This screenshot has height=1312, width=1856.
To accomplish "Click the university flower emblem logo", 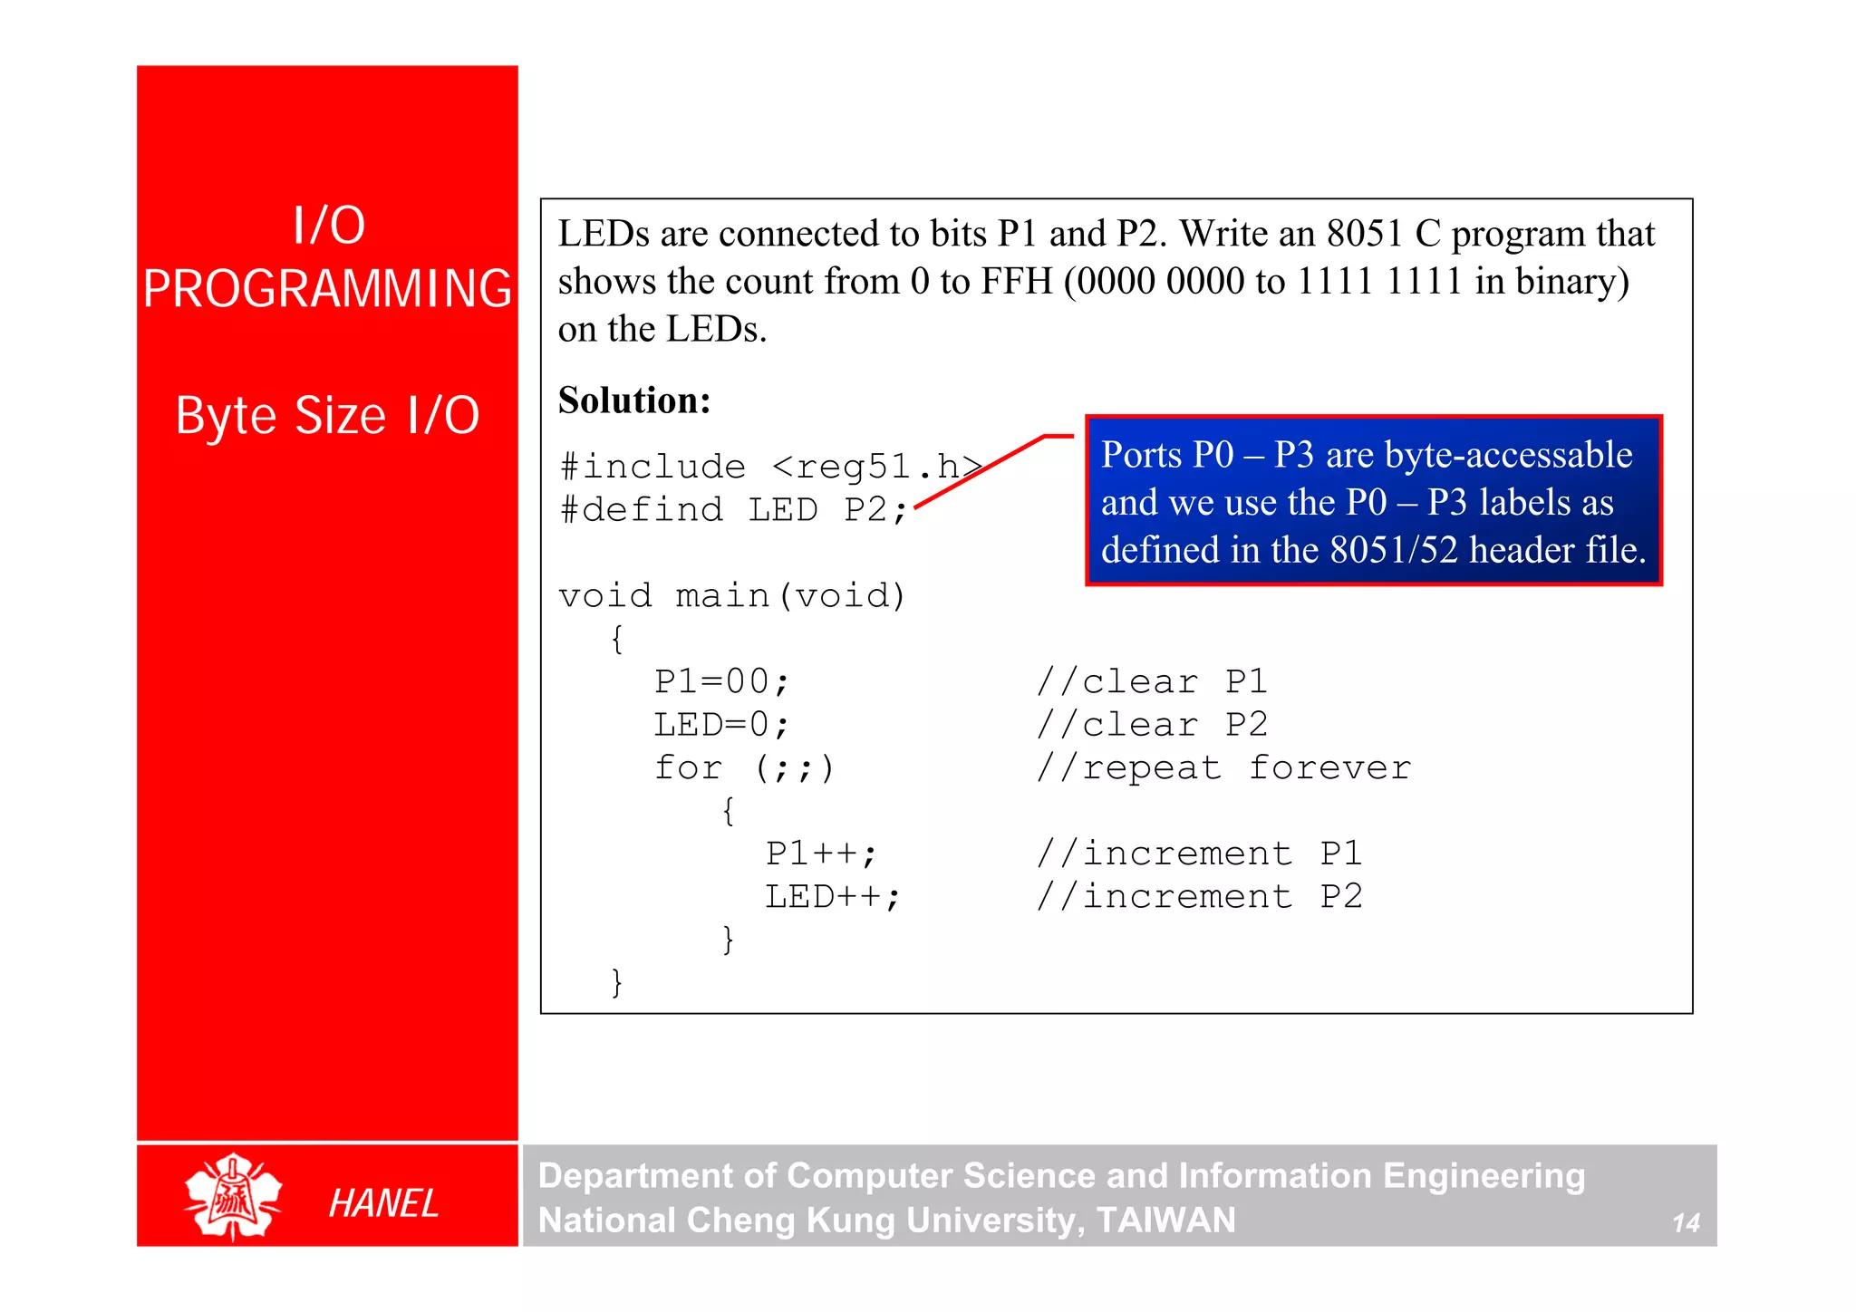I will tap(233, 1197).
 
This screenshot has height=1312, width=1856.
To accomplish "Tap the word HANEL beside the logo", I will tap(383, 1203).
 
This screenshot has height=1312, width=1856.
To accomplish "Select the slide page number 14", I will tap(1686, 1223).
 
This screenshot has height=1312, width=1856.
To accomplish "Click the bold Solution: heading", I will tap(634, 400).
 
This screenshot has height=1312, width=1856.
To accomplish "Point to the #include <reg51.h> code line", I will tap(770, 467).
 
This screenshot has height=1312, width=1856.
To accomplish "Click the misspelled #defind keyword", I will tap(642, 509).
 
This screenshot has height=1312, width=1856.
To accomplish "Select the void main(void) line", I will tap(732, 595).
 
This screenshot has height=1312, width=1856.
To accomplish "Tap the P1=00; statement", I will tap(721, 681).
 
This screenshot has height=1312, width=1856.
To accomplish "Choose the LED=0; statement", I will tap(721, 725).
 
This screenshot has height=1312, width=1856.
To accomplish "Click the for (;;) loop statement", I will tap(743, 768).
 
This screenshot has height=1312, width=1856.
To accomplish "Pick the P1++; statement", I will tap(821, 854).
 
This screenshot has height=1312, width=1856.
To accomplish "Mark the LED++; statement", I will tap(833, 897).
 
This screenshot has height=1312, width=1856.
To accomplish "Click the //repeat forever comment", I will tap(1223, 768).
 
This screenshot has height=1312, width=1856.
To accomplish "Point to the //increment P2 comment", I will tap(1199, 897).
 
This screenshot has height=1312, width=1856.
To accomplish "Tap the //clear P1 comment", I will tap(1151, 681).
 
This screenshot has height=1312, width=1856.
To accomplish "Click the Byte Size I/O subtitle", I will tap(327, 416).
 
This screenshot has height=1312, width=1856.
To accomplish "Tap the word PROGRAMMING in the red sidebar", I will tap(327, 289).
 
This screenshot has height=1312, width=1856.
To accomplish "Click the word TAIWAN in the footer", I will tap(1165, 1220).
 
